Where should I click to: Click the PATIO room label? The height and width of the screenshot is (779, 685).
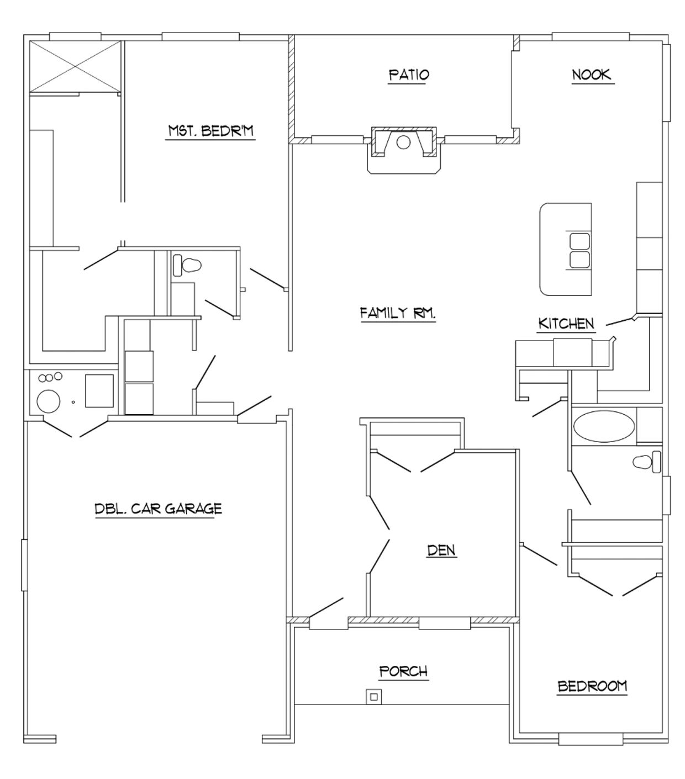(x=408, y=75)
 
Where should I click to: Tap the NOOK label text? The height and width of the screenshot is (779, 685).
(x=592, y=75)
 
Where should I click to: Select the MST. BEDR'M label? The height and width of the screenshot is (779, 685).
(x=211, y=131)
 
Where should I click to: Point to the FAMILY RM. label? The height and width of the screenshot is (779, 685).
(x=398, y=312)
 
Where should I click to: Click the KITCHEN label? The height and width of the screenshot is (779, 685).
(x=566, y=324)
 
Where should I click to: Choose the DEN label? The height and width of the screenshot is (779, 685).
(x=441, y=550)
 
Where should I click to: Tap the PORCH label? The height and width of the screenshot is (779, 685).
(x=403, y=671)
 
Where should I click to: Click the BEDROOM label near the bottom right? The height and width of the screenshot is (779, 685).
(x=592, y=686)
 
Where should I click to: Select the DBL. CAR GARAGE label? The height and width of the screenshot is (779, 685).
(x=158, y=508)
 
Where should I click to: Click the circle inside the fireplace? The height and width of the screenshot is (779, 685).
(x=403, y=142)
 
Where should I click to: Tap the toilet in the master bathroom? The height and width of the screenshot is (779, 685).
(x=187, y=265)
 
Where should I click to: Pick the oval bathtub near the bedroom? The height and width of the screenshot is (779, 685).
(x=604, y=426)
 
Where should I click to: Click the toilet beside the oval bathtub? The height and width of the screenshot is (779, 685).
(x=646, y=462)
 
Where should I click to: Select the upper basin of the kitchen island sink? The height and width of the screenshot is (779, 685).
(x=579, y=241)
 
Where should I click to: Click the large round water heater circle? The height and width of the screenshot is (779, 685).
(x=49, y=401)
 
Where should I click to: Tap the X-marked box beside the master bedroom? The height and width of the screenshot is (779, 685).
(x=75, y=66)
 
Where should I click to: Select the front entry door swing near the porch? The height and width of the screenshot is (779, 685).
(x=326, y=608)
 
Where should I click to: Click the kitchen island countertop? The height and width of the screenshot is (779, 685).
(x=565, y=249)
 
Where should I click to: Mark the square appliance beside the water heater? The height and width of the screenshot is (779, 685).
(x=99, y=391)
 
